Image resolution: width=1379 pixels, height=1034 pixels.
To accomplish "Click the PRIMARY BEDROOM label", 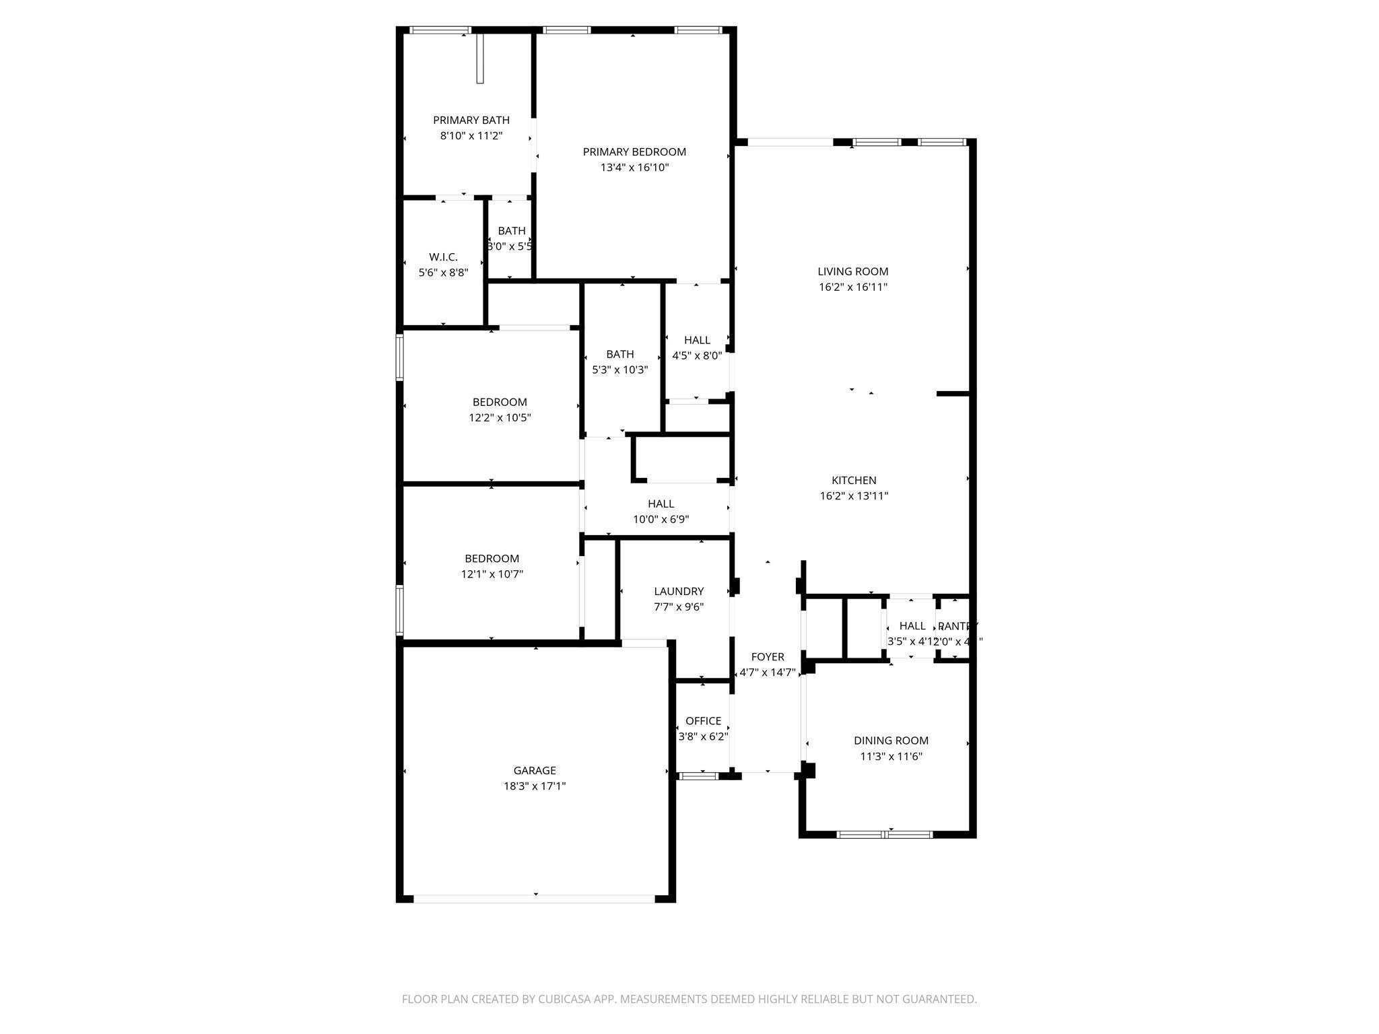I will click(634, 152).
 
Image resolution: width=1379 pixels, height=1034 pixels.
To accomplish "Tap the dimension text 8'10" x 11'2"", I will click(471, 136).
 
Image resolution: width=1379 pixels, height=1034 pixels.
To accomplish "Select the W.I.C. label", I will click(443, 257).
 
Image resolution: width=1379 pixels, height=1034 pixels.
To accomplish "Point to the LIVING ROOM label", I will click(852, 271).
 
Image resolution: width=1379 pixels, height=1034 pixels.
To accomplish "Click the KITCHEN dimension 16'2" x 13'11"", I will click(854, 496).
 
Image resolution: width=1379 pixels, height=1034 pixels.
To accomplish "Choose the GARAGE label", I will click(535, 771).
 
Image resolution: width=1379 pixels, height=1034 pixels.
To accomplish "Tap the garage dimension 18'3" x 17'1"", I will click(535, 786).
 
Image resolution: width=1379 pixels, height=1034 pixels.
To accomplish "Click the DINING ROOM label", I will click(891, 740).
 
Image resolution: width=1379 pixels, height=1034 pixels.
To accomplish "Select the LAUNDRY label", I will click(679, 591).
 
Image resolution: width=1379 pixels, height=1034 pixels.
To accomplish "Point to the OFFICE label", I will click(703, 721).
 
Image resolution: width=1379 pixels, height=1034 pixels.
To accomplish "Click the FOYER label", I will click(768, 657).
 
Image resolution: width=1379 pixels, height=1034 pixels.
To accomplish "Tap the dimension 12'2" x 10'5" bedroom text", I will click(500, 418).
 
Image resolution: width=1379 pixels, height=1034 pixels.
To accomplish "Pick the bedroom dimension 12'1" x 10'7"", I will click(492, 574).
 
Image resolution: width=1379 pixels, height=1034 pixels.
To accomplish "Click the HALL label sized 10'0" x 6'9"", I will click(661, 504).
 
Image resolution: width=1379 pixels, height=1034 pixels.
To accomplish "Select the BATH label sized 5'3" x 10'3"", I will click(619, 354).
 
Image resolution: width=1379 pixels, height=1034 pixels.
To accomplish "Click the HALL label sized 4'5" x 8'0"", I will click(697, 340).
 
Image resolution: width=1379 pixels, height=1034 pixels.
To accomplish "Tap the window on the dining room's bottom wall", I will click(884, 835).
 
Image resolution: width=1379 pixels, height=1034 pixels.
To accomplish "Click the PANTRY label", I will click(957, 626).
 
